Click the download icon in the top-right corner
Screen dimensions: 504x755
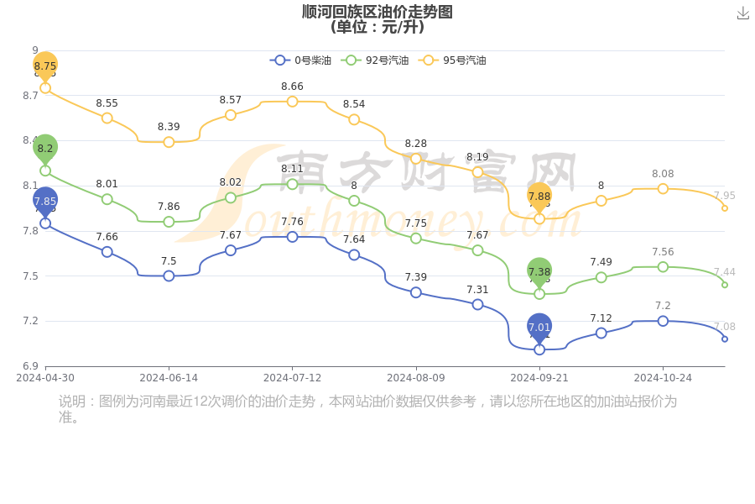tap(742, 13)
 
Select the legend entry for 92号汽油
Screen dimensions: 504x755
tap(375, 60)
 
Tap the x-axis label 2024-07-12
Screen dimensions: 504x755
tap(292, 378)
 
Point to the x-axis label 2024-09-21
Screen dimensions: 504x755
tap(539, 378)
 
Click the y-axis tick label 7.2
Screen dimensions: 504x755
tap(30, 321)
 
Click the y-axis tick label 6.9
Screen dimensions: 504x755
tap(30, 366)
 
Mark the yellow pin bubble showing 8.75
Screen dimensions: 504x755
tap(45, 65)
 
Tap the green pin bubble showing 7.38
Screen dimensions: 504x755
tap(539, 271)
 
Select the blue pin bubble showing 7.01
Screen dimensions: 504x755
tap(539, 327)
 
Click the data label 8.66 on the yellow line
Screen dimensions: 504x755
tap(292, 87)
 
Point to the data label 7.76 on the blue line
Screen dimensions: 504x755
tap(292, 222)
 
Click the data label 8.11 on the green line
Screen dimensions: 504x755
tap(292, 169)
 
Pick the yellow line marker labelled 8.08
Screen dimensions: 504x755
tap(663, 189)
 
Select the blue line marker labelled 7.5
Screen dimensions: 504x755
tap(169, 276)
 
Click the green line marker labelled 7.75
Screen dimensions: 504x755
tap(416, 239)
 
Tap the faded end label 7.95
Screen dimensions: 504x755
tap(724, 196)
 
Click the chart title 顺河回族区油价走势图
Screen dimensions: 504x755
tap(377, 12)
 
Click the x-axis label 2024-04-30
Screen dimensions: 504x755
tap(45, 378)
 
